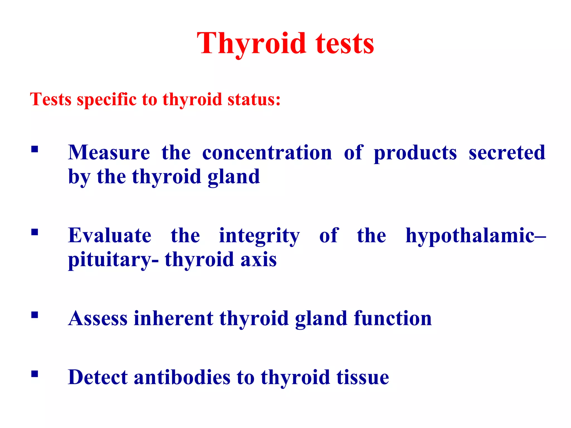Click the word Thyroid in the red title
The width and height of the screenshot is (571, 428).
pyautogui.click(x=251, y=44)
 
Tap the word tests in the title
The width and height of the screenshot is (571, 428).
pyautogui.click(x=345, y=44)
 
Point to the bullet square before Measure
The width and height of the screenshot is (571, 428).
pyautogui.click(x=35, y=150)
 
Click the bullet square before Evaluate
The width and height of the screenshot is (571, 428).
pyautogui.click(x=35, y=232)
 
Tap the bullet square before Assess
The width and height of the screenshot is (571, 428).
pyautogui.click(x=35, y=315)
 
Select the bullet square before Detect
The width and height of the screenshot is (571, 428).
pyautogui.click(x=35, y=374)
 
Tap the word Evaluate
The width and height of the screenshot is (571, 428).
pyautogui.click(x=110, y=236)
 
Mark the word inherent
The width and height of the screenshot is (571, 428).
pyautogui.click(x=173, y=318)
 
